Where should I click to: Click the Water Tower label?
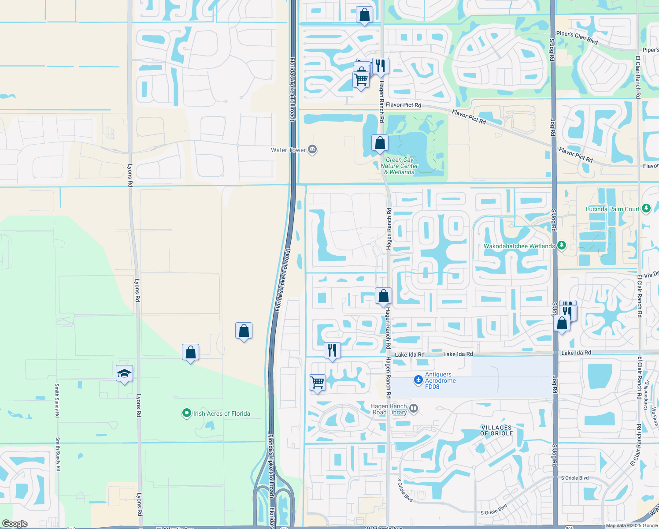[x=288, y=150]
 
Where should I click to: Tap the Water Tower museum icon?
[x=312, y=150]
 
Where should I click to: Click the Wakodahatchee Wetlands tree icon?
[x=561, y=246]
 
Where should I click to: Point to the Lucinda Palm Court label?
[x=612, y=209]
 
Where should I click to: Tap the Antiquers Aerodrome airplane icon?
[x=418, y=380]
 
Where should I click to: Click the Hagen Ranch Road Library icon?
[x=413, y=409]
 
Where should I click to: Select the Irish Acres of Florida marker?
[x=187, y=413]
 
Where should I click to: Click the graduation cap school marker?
[x=124, y=373]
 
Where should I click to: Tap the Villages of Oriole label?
[x=496, y=431]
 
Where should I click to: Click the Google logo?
[x=15, y=524]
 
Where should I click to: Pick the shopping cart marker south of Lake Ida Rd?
[x=317, y=382]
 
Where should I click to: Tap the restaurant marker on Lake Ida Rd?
[x=332, y=350]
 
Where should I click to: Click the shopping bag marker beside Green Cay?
[x=380, y=143]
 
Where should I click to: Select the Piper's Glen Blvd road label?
[x=577, y=38]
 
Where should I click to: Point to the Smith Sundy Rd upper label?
[x=57, y=401]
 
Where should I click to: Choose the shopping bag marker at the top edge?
[x=364, y=15]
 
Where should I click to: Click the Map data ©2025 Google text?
[x=632, y=525]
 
